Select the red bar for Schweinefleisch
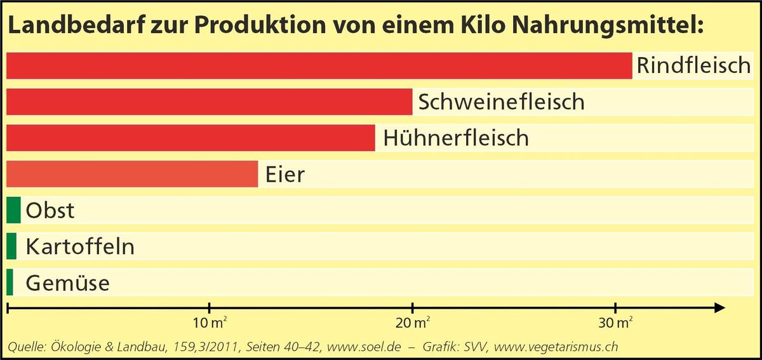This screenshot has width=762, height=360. pos(210,102)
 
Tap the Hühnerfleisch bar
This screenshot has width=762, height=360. pos(190,138)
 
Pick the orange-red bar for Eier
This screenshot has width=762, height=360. pos(132,174)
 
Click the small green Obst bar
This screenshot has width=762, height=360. pos(14,210)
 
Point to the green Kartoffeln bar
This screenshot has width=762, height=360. pos(11,246)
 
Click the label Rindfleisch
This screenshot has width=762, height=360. pos(693,66)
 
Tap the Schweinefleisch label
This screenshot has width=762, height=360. pos(501,102)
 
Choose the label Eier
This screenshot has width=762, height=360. pos(285,174)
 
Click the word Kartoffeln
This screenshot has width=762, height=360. pos(80,246)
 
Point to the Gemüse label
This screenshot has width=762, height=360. pos(67,283)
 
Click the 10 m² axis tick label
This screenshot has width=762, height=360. pos(210,324)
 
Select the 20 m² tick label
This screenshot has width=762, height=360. pos(413,324)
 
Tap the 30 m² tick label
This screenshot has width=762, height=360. pos(615,324)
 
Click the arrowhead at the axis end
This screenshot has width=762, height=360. pos(719,308)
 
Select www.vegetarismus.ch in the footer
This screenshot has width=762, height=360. pos(556,347)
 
